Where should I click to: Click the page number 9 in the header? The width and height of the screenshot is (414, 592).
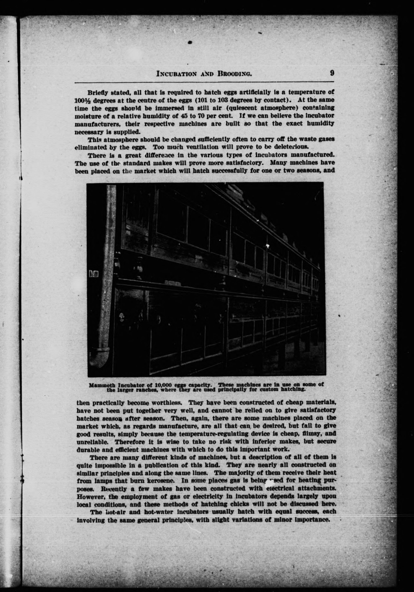tap(332, 73)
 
